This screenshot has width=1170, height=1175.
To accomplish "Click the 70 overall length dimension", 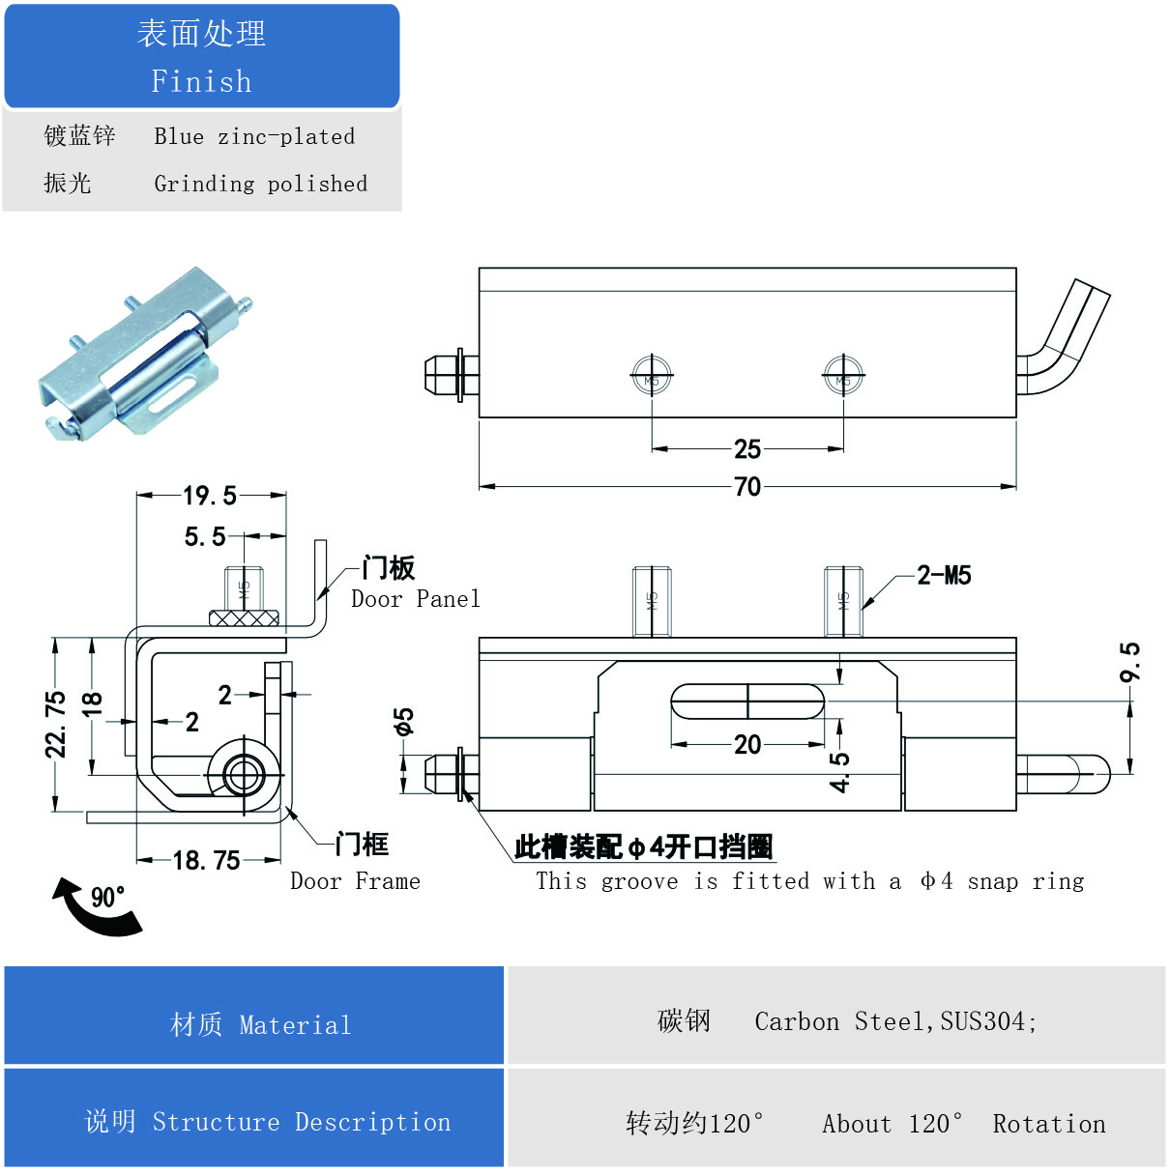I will point(747,486).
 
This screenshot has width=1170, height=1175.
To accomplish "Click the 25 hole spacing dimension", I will point(747,448).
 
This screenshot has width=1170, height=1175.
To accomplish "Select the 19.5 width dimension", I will point(210,496).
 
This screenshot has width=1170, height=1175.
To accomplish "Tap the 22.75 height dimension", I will point(57,724).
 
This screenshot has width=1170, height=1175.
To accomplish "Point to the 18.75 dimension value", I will point(206,860).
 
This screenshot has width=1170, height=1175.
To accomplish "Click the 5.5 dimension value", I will point(205,536).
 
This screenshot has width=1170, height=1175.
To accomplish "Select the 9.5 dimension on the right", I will point(1129,662).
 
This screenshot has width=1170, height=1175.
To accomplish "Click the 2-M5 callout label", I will point(944,576).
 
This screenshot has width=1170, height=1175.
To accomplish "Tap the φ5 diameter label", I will point(403,722).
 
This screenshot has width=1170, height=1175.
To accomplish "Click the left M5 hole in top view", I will point(652,377).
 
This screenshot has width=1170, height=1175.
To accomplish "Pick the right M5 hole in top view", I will point(843,377).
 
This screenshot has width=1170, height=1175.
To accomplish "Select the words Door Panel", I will point(415,599).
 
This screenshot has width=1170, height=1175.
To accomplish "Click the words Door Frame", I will point(355,881).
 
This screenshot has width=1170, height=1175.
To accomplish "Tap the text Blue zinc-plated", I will point(254,136).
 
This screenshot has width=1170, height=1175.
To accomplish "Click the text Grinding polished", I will point(260,184).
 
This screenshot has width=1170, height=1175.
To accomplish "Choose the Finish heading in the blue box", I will point(201,81).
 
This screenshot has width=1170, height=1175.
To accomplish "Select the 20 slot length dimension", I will point(747,744).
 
